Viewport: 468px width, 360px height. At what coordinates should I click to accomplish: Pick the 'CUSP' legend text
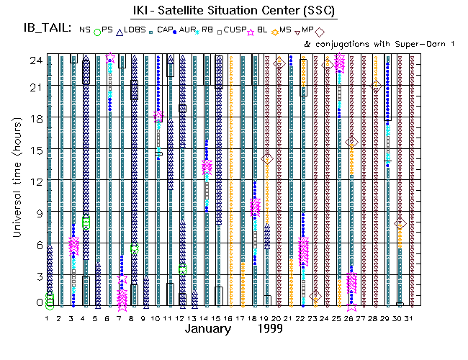click(235, 30)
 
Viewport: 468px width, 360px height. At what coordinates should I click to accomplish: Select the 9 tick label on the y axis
click(35, 213)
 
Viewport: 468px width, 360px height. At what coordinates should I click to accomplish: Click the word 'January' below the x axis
click(208, 329)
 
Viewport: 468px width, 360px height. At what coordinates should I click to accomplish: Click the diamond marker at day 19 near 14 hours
click(266, 158)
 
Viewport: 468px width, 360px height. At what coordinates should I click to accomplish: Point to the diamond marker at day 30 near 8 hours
click(400, 224)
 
